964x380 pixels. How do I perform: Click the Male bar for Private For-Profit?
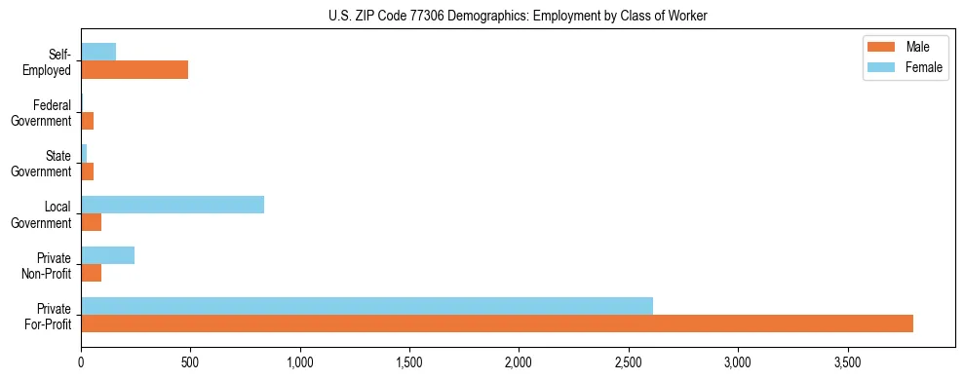tap(497, 323)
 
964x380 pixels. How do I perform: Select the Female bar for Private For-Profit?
tap(366, 306)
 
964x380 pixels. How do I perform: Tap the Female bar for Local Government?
tap(173, 205)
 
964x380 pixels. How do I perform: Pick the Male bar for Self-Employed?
tap(135, 70)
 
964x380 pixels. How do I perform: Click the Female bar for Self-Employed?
tap(98, 52)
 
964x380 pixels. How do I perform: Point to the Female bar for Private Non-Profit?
tap(107, 255)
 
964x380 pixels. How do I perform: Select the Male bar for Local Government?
tap(91, 222)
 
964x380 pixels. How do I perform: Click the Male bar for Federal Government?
tap(87, 121)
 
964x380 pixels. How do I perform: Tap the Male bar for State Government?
tap(87, 171)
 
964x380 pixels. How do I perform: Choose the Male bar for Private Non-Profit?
tap(91, 273)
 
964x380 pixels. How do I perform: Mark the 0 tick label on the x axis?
tap(81, 361)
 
